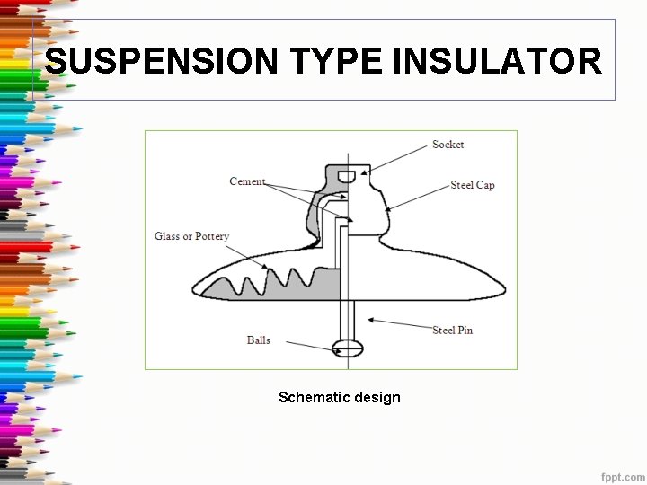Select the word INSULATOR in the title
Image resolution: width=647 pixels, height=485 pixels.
[x=498, y=62]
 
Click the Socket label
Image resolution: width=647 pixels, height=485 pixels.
[x=448, y=145]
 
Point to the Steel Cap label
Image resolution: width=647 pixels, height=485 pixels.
[x=473, y=185]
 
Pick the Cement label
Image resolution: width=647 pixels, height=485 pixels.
[x=247, y=181]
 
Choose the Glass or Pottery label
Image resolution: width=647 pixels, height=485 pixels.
[x=191, y=236]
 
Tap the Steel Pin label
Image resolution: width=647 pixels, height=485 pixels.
[x=452, y=331]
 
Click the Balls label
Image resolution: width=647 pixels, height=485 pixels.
[x=259, y=340]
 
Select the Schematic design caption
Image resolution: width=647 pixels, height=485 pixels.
[x=340, y=397]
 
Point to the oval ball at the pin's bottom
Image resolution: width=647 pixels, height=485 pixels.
[x=347, y=348]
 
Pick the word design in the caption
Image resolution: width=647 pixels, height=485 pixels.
[x=378, y=397]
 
